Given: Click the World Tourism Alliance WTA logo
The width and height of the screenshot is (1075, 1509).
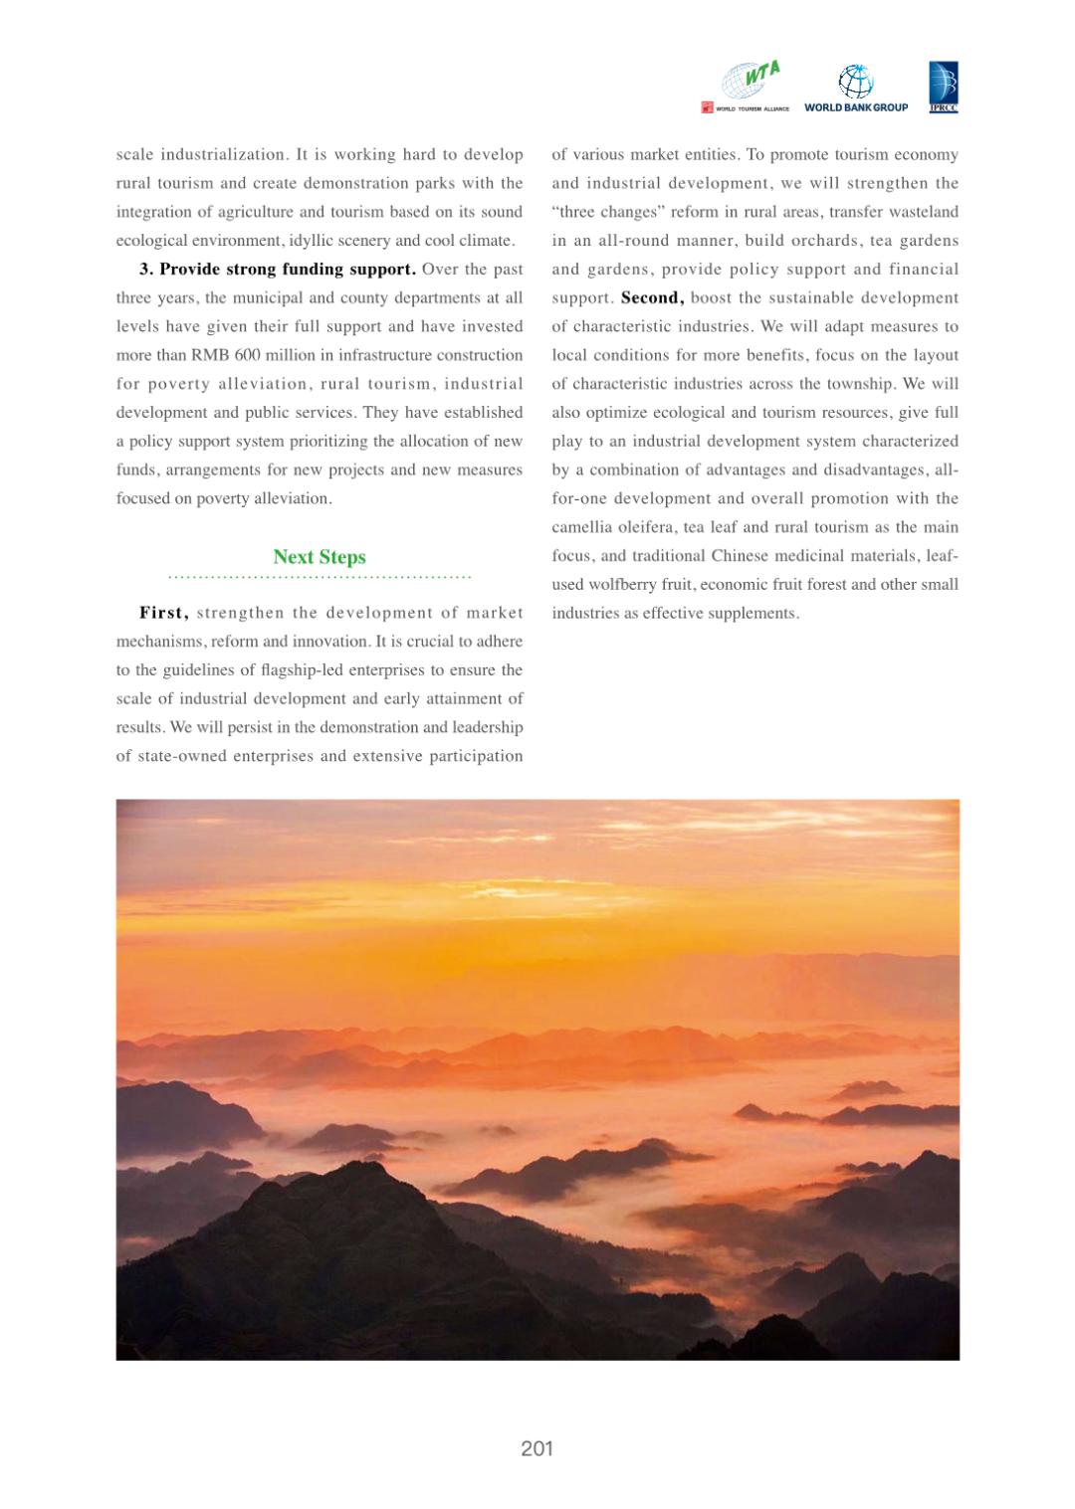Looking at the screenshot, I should pyautogui.click(x=746, y=86).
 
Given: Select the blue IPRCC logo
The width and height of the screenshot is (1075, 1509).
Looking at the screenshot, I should pyautogui.click(x=943, y=87).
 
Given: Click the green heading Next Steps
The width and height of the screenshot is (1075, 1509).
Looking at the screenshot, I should pyautogui.click(x=320, y=557).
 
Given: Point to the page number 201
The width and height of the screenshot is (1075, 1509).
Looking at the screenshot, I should pyautogui.click(x=537, y=1448).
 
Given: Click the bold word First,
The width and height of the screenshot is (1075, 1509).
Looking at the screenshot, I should pyautogui.click(x=164, y=613).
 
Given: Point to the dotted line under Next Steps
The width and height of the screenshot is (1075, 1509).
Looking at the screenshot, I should pyautogui.click(x=320, y=577).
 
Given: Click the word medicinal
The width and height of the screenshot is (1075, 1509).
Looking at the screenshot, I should pyautogui.click(x=809, y=555).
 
